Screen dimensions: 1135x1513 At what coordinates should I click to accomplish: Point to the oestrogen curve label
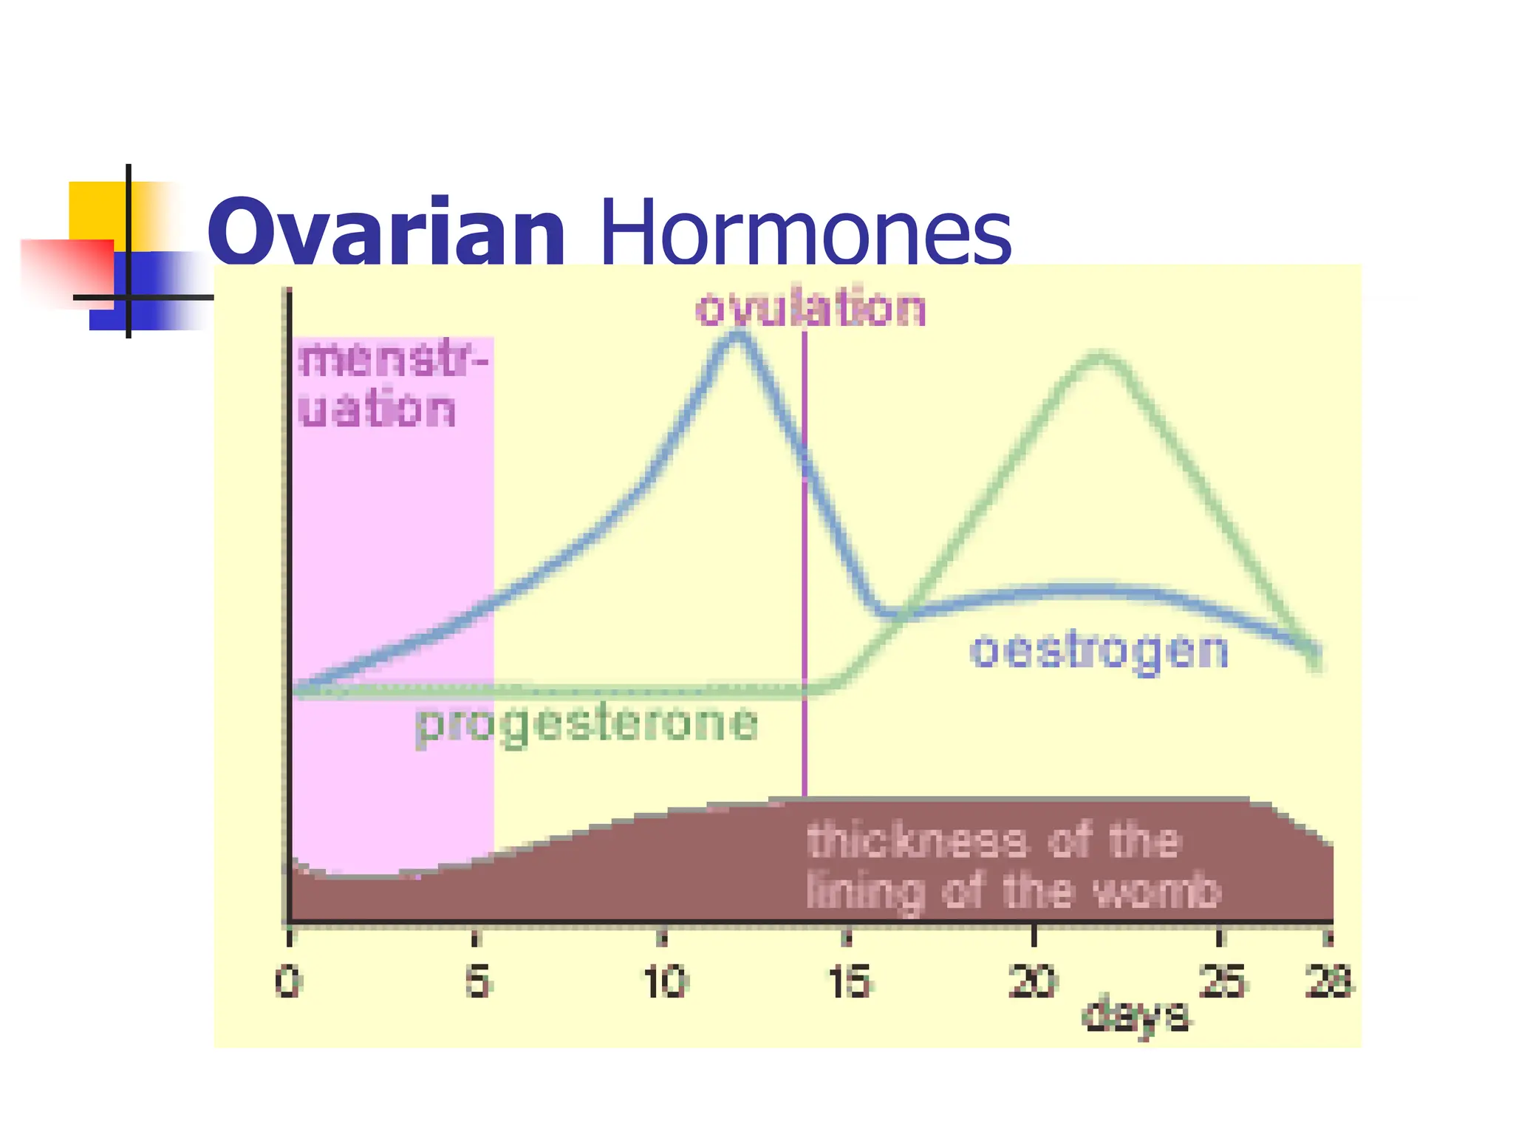[1099, 652]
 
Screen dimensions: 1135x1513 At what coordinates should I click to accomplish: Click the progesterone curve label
[587, 723]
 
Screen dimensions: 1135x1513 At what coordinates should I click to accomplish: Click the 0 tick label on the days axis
[288, 983]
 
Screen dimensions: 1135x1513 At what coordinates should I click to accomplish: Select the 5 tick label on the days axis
[477, 983]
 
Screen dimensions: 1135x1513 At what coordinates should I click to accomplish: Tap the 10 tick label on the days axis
[665, 983]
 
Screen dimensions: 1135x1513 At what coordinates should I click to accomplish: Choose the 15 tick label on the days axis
[850, 983]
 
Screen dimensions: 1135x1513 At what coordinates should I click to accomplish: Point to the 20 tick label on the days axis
[1034, 983]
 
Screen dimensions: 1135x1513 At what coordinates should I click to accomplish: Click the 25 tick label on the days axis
[1220, 983]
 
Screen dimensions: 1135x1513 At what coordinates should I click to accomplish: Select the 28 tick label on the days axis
[1328, 983]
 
